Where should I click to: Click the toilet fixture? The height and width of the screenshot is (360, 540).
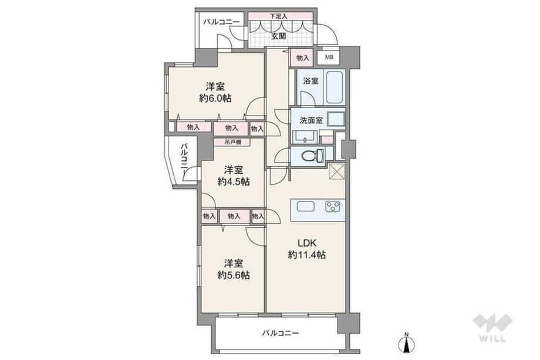pos(312,156)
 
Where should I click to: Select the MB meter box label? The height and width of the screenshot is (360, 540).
pos(329,58)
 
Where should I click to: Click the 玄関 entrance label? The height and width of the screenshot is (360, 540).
pos(278,36)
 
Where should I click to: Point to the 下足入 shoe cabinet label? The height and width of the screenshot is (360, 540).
pos(278,16)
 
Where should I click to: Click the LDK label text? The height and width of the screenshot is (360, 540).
pos(307,243)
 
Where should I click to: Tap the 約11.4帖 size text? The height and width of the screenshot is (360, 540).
pos(307,255)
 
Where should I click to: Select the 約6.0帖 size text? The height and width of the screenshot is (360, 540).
pos(215,98)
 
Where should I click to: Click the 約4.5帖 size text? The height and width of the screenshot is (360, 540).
pos(234,181)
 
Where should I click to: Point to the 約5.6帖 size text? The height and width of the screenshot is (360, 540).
pos(234,275)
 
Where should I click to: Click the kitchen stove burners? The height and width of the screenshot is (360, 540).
pos(333,206)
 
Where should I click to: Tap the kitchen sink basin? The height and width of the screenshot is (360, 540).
pos(306,206)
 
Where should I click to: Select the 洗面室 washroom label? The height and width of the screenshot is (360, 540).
pos(311,120)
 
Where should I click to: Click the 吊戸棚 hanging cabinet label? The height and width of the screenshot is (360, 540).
pos(232,142)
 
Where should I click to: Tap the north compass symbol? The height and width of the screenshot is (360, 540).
pos(407,342)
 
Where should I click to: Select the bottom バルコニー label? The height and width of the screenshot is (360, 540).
pos(281,333)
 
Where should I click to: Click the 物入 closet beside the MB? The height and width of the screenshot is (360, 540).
pos(303,58)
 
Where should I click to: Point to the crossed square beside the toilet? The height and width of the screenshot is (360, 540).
pos(336,171)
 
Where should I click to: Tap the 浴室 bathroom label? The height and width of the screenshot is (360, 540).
pos(311,81)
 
